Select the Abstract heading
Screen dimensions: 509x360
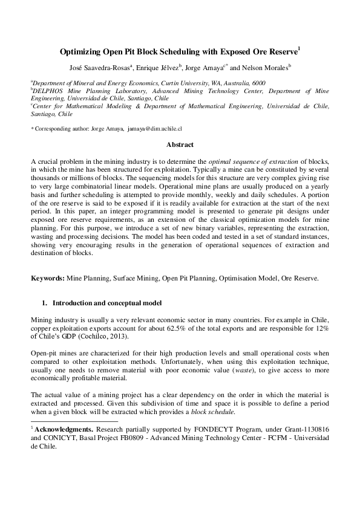tap(180, 145)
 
